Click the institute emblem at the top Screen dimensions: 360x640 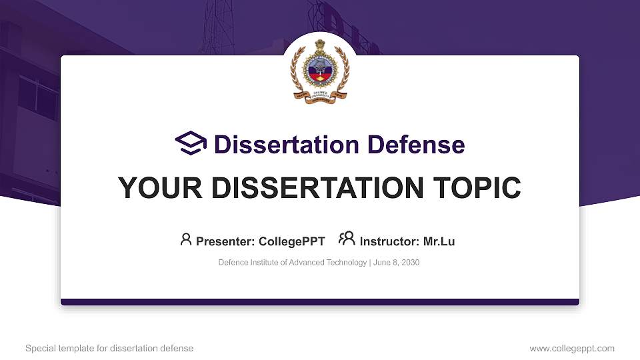[x=319, y=69]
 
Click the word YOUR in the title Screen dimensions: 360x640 [x=151, y=188]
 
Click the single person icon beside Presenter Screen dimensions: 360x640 [x=186, y=239]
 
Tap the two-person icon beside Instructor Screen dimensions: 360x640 [x=347, y=239]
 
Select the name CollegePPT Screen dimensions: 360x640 [x=292, y=241]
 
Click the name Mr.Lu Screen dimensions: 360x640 [x=439, y=241]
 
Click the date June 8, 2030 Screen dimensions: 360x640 [x=397, y=263]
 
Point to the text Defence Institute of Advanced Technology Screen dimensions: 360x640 [x=292, y=263]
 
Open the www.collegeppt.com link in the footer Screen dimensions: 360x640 [x=571, y=348]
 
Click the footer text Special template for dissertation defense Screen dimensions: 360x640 [x=109, y=348]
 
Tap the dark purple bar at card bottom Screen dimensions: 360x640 [x=320, y=302]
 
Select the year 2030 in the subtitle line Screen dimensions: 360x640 [x=410, y=263]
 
